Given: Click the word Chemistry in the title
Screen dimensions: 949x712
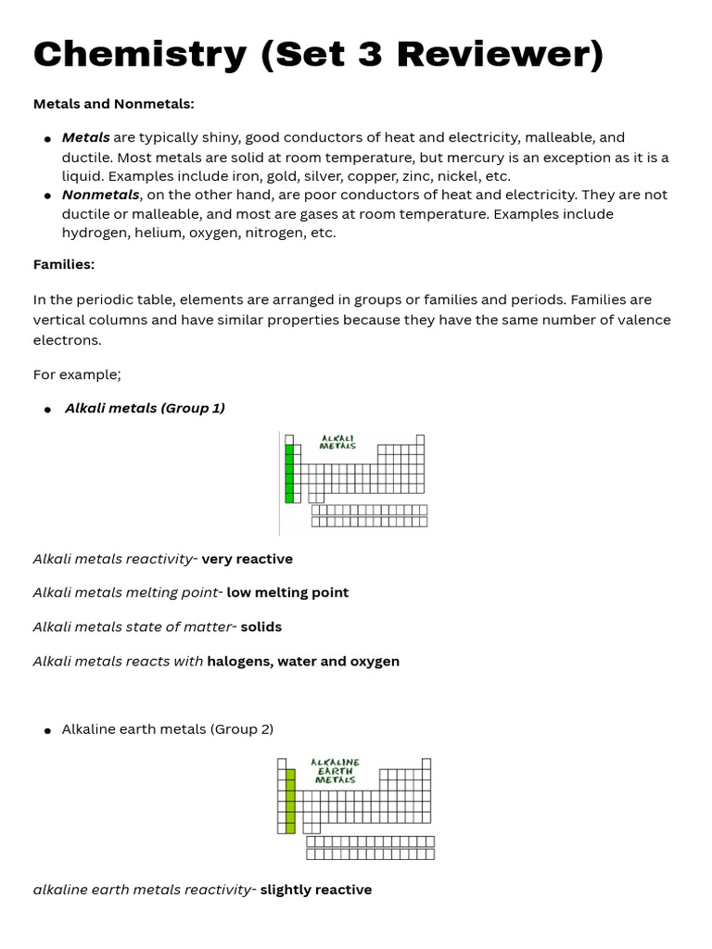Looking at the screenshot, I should pyautogui.click(x=140, y=55).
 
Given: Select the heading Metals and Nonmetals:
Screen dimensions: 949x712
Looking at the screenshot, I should pyautogui.click(x=114, y=104).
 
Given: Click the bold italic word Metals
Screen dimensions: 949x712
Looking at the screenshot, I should pyautogui.click(x=85, y=137).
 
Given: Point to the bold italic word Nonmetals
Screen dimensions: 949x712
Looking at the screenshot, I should pyautogui.click(x=100, y=195).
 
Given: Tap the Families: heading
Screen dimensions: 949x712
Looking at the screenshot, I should pyautogui.click(x=64, y=264).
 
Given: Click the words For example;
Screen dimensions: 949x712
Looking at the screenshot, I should pyautogui.click(x=77, y=374).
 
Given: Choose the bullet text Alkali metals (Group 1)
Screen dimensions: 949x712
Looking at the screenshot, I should pyautogui.click(x=145, y=408).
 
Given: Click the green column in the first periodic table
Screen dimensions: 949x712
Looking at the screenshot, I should pyautogui.click(x=289, y=474).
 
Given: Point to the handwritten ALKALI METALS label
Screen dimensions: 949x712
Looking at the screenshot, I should pyautogui.click(x=337, y=442).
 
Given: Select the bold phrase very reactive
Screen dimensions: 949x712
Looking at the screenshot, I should pyautogui.click(x=247, y=559).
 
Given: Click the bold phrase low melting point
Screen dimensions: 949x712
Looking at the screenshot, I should pyautogui.click(x=287, y=592).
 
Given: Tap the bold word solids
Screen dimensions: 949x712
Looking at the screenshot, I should pyautogui.click(x=261, y=626).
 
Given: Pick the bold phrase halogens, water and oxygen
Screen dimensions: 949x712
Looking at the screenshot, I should pyautogui.click(x=303, y=661).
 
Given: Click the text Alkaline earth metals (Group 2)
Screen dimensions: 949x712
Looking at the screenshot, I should pyautogui.click(x=168, y=729).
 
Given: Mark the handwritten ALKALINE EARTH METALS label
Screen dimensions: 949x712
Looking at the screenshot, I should pyautogui.click(x=336, y=771).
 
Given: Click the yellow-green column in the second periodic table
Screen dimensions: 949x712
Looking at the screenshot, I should pyautogui.click(x=290, y=801).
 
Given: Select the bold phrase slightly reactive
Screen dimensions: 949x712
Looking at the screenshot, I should pyautogui.click(x=315, y=890).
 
